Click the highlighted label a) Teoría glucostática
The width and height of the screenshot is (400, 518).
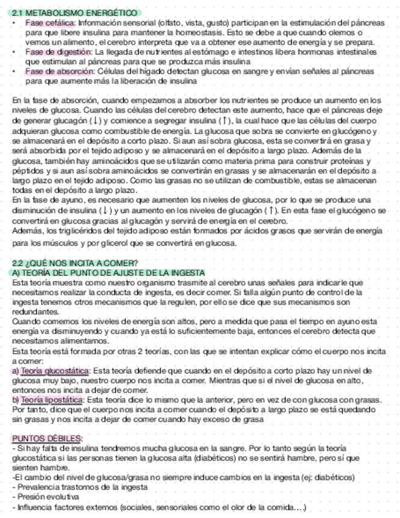51,371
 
